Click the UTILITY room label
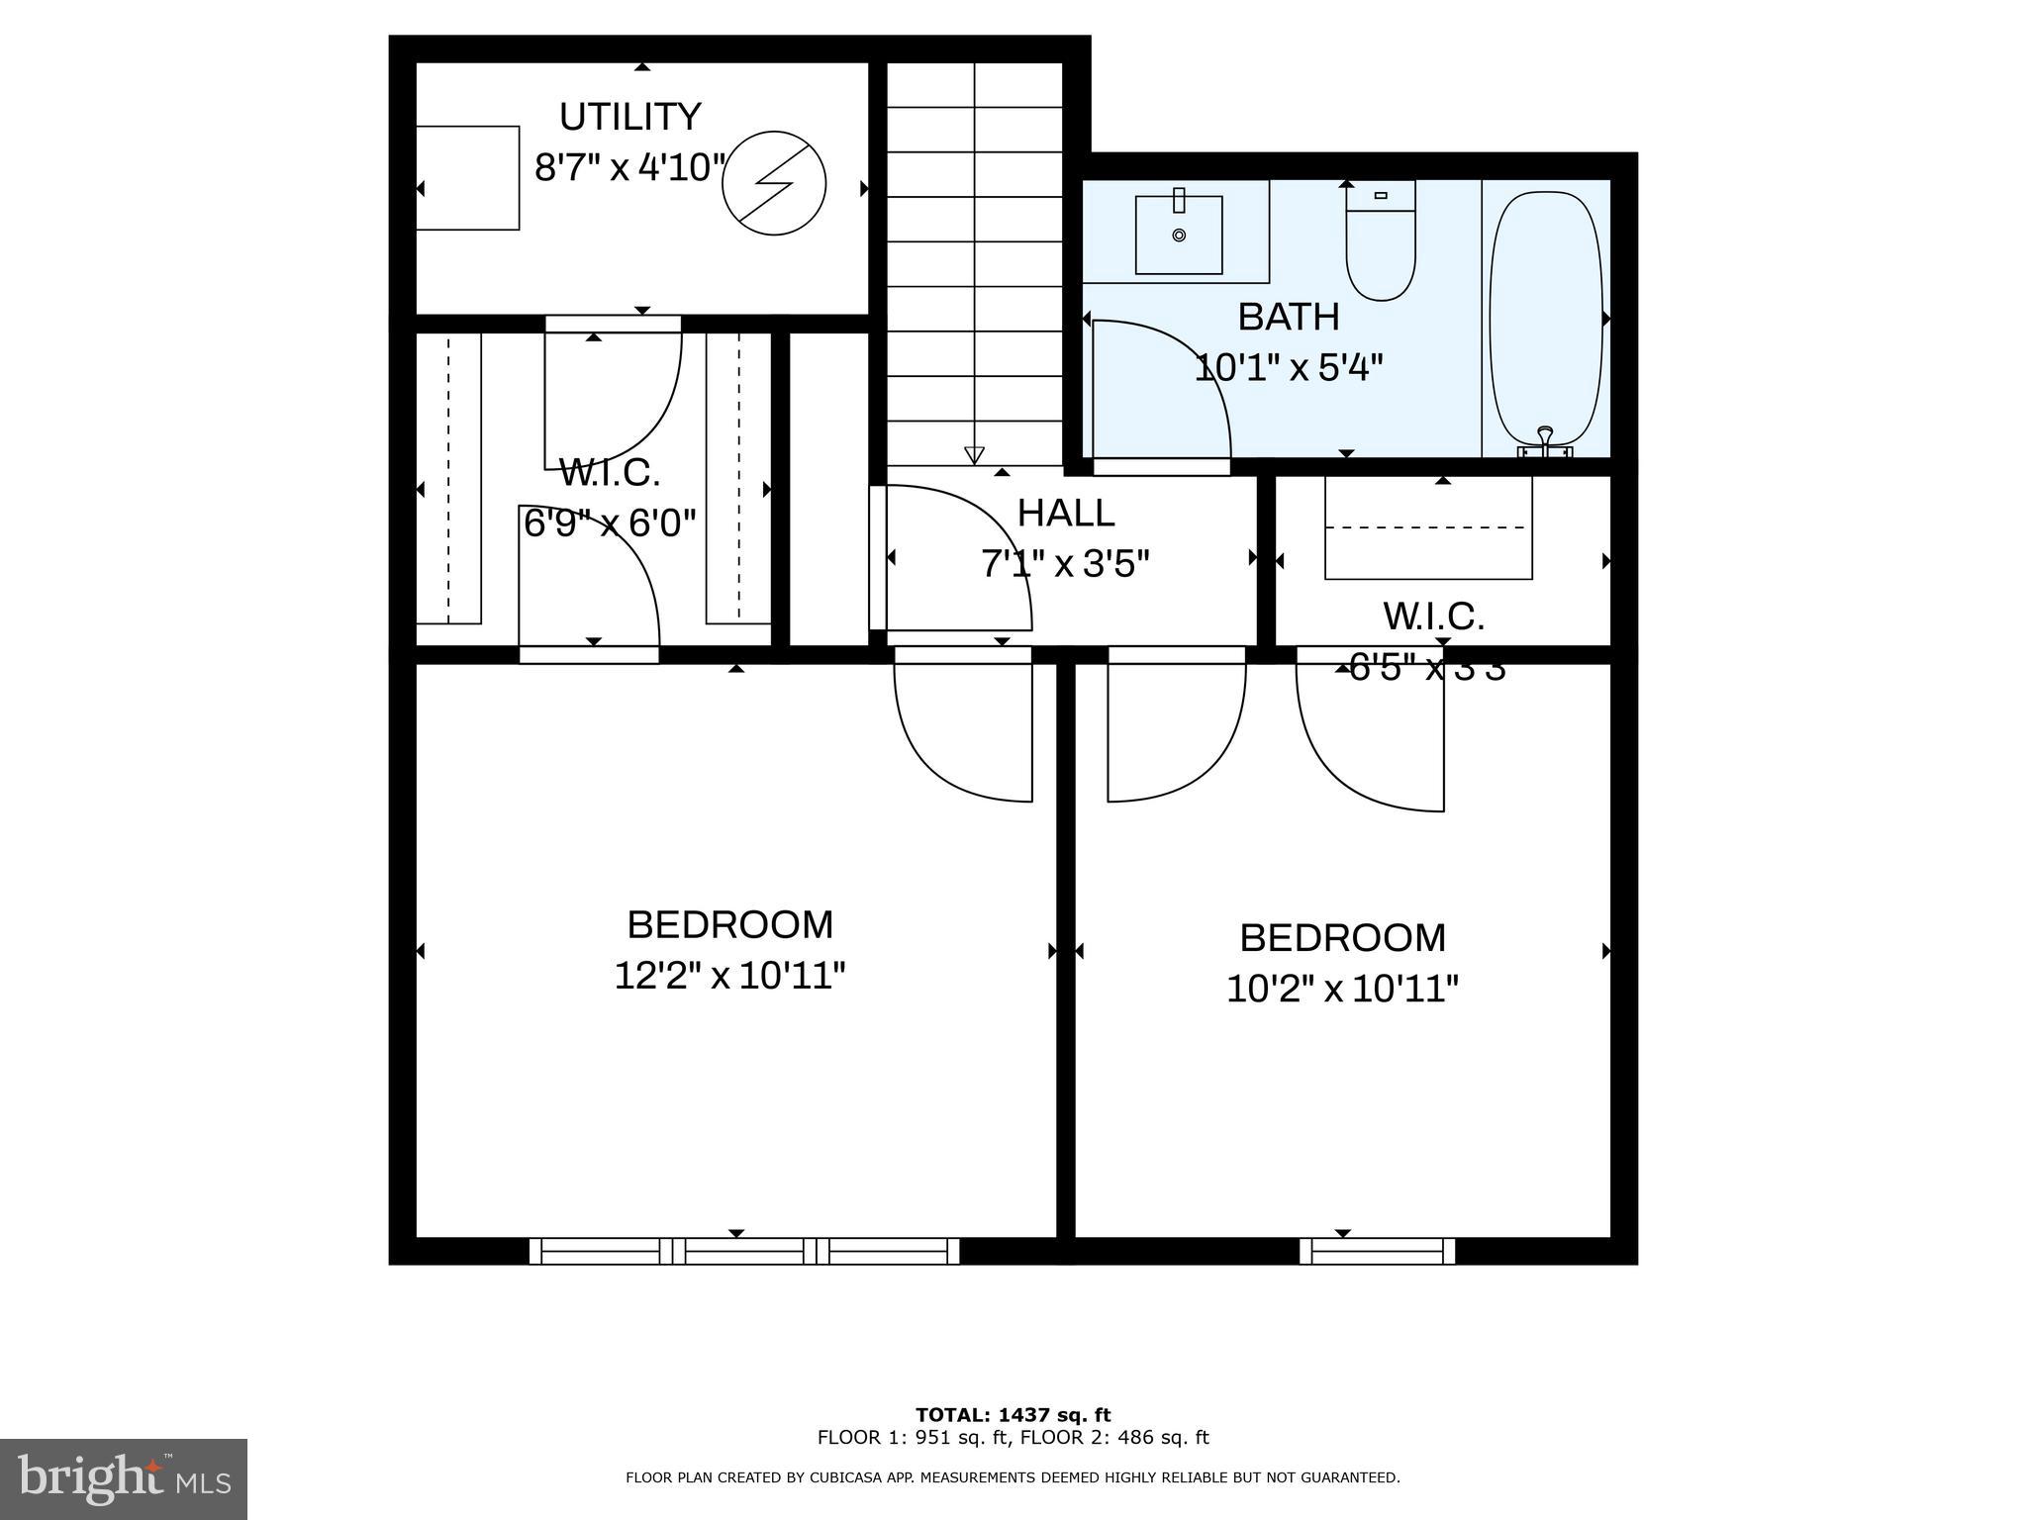coord(630,117)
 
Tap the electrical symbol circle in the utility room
coord(774,183)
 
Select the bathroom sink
coord(1178,235)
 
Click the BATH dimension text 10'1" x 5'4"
coord(1288,368)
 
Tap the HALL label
coord(1066,513)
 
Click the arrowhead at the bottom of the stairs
coord(974,455)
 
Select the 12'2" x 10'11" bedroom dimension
coord(729,976)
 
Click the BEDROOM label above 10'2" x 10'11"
coord(1342,937)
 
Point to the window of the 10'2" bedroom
coord(1377,1252)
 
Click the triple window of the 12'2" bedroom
coord(744,1252)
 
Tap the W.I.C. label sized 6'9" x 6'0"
coord(610,473)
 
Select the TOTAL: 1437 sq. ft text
coord(1013,1415)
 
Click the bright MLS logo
coord(124,1479)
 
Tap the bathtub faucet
coord(1545,442)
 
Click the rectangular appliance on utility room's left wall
coord(467,178)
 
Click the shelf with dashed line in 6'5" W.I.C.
coord(1428,528)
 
